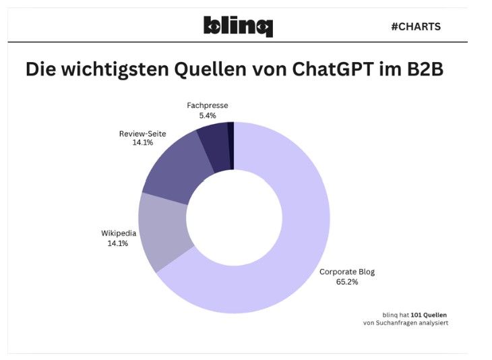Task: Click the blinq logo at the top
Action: click(x=238, y=26)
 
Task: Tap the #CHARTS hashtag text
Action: click(x=415, y=27)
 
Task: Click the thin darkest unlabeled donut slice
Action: click(x=230, y=145)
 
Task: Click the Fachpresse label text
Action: click(x=208, y=106)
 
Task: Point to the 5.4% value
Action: click(x=208, y=116)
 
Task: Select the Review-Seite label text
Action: click(x=142, y=133)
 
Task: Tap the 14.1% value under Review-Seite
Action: click(x=142, y=143)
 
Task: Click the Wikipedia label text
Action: click(x=119, y=233)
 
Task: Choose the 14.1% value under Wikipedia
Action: click(x=119, y=243)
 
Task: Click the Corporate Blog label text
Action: click(x=347, y=272)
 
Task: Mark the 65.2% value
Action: click(x=347, y=282)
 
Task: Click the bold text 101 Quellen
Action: click(x=429, y=314)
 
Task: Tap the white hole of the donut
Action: click(x=234, y=217)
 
